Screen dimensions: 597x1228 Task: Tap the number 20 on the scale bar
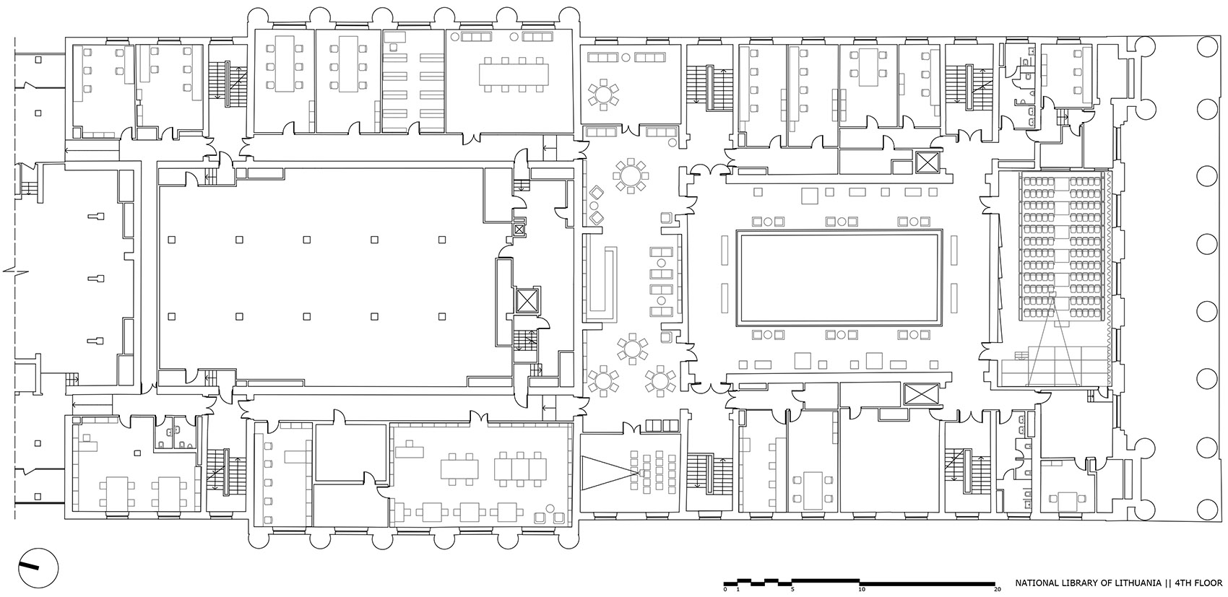click(997, 590)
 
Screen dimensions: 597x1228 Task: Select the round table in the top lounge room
click(603, 94)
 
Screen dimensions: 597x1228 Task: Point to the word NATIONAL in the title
click(1039, 583)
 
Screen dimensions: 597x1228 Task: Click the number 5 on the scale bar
click(793, 590)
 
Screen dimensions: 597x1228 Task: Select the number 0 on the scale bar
click(725, 590)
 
